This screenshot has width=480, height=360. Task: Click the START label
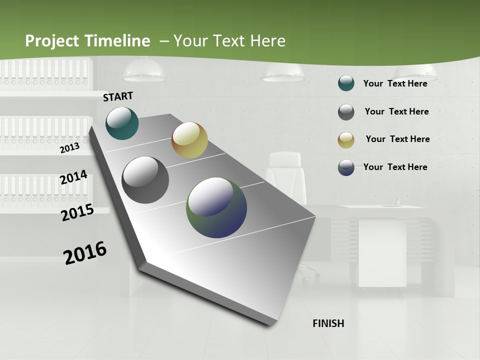click(x=118, y=96)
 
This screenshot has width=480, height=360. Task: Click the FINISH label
click(x=328, y=323)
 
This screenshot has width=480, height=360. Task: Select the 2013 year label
click(x=70, y=147)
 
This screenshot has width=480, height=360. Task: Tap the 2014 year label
click(x=74, y=177)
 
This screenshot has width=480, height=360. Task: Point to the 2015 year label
click(x=77, y=212)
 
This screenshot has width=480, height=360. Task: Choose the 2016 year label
click(x=85, y=253)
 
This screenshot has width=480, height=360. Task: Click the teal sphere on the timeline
click(x=122, y=123)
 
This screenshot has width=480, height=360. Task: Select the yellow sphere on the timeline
click(x=189, y=140)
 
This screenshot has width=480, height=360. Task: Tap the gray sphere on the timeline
click(x=145, y=180)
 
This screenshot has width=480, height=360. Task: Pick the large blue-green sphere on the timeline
click(x=216, y=207)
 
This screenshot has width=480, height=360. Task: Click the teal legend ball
click(x=346, y=83)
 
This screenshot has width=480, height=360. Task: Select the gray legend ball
click(x=346, y=112)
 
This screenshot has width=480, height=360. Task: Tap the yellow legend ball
click(x=346, y=140)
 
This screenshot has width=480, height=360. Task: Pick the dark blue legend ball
click(x=346, y=167)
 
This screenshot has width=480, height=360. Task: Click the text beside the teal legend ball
click(x=395, y=83)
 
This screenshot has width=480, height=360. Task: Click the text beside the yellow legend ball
click(x=397, y=139)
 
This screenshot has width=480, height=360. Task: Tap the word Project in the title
click(x=52, y=41)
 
